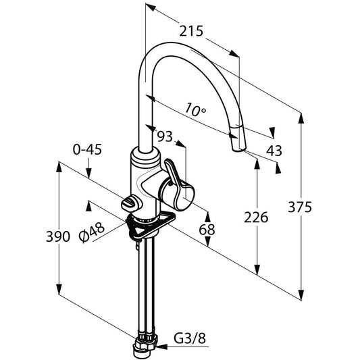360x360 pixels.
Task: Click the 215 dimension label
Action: pos(191,31)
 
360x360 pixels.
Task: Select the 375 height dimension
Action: pos(300,207)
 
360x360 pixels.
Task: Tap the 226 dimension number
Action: pos(256,217)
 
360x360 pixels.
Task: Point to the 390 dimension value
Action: pos(58,236)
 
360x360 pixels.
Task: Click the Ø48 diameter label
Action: pos(92,232)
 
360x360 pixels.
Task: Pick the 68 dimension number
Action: pos(207,230)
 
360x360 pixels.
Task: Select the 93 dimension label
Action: pos(165,136)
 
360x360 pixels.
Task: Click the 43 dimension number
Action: pos(274,151)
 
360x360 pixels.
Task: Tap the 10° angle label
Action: pos(195,109)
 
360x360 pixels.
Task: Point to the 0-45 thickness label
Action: pos(87,150)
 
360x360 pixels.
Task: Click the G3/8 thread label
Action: pos(190,338)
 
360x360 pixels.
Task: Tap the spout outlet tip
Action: pos(238,149)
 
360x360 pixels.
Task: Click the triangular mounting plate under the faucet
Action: pos(151,226)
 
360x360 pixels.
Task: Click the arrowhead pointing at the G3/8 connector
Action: pos(161,346)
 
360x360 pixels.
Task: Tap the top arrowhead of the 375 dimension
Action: pos(301,118)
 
